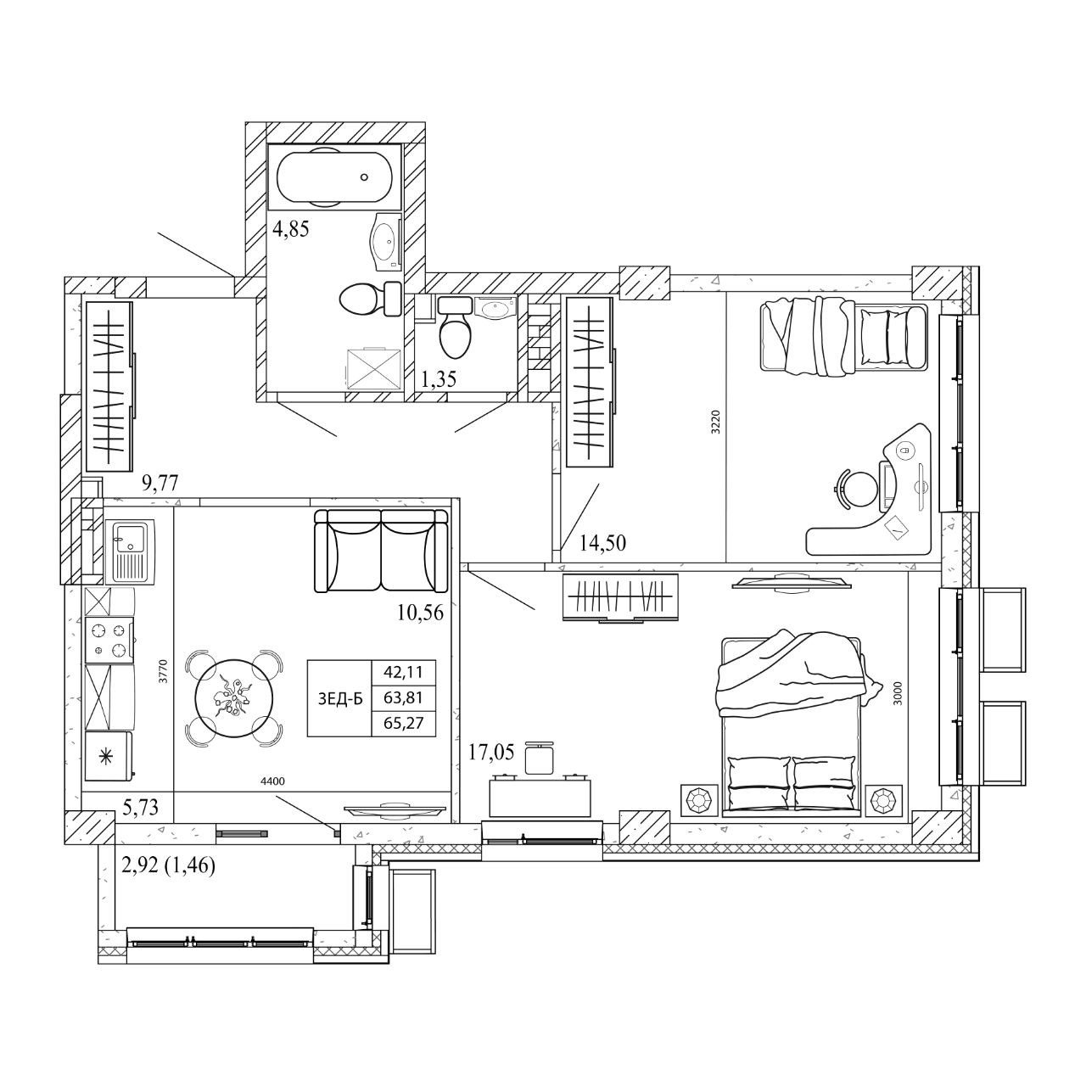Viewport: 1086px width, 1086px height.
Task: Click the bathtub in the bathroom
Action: pos(335,177)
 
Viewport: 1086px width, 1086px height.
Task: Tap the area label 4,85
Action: pos(291,229)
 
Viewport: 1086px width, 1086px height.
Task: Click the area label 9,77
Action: pos(160,483)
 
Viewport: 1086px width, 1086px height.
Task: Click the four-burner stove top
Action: pos(109,639)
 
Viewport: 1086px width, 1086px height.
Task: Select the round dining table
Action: pos(234,698)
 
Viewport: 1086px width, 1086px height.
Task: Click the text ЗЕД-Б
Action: pos(340,699)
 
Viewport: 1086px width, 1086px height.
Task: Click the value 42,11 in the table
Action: pos(404,672)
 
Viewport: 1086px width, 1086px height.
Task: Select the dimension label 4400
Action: pos(272,781)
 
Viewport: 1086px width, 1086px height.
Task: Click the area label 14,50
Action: pos(602,543)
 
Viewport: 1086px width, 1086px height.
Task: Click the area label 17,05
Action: pos(491,753)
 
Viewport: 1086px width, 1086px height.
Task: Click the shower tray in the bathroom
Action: pos(374,368)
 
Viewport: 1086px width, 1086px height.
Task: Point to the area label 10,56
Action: pos(420,613)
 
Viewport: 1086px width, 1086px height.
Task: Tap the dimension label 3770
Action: pos(164,672)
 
